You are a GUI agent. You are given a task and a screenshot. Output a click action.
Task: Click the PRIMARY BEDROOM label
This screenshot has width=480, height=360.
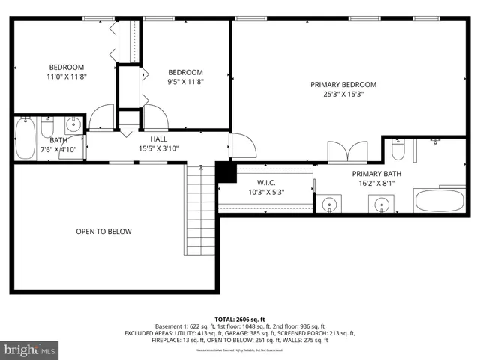(x=343, y=85)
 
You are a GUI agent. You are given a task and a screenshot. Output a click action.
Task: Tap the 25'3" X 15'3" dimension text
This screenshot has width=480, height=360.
(x=343, y=95)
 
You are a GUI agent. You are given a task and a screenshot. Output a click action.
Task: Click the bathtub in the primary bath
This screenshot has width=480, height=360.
(x=439, y=201)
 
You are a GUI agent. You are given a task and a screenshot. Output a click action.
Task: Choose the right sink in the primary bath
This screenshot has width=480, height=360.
(x=382, y=204)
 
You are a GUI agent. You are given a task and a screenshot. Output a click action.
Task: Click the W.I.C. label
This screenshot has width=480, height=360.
(x=266, y=182)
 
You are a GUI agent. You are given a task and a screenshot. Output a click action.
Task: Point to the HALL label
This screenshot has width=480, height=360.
(x=158, y=139)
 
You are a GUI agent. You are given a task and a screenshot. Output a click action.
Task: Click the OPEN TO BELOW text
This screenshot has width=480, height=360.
(x=103, y=231)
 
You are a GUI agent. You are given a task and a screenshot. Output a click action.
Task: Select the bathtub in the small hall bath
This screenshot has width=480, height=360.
(x=24, y=139)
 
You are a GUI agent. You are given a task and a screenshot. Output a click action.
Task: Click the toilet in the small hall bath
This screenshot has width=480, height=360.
(x=48, y=127)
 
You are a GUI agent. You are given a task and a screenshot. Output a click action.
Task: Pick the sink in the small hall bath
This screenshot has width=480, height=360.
(x=74, y=125)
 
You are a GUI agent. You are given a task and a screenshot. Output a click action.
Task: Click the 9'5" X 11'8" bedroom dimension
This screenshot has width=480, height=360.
(x=185, y=81)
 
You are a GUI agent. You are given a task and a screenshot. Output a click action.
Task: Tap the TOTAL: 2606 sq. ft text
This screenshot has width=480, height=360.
(x=240, y=319)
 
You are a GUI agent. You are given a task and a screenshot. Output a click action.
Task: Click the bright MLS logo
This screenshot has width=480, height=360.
(x=30, y=349)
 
